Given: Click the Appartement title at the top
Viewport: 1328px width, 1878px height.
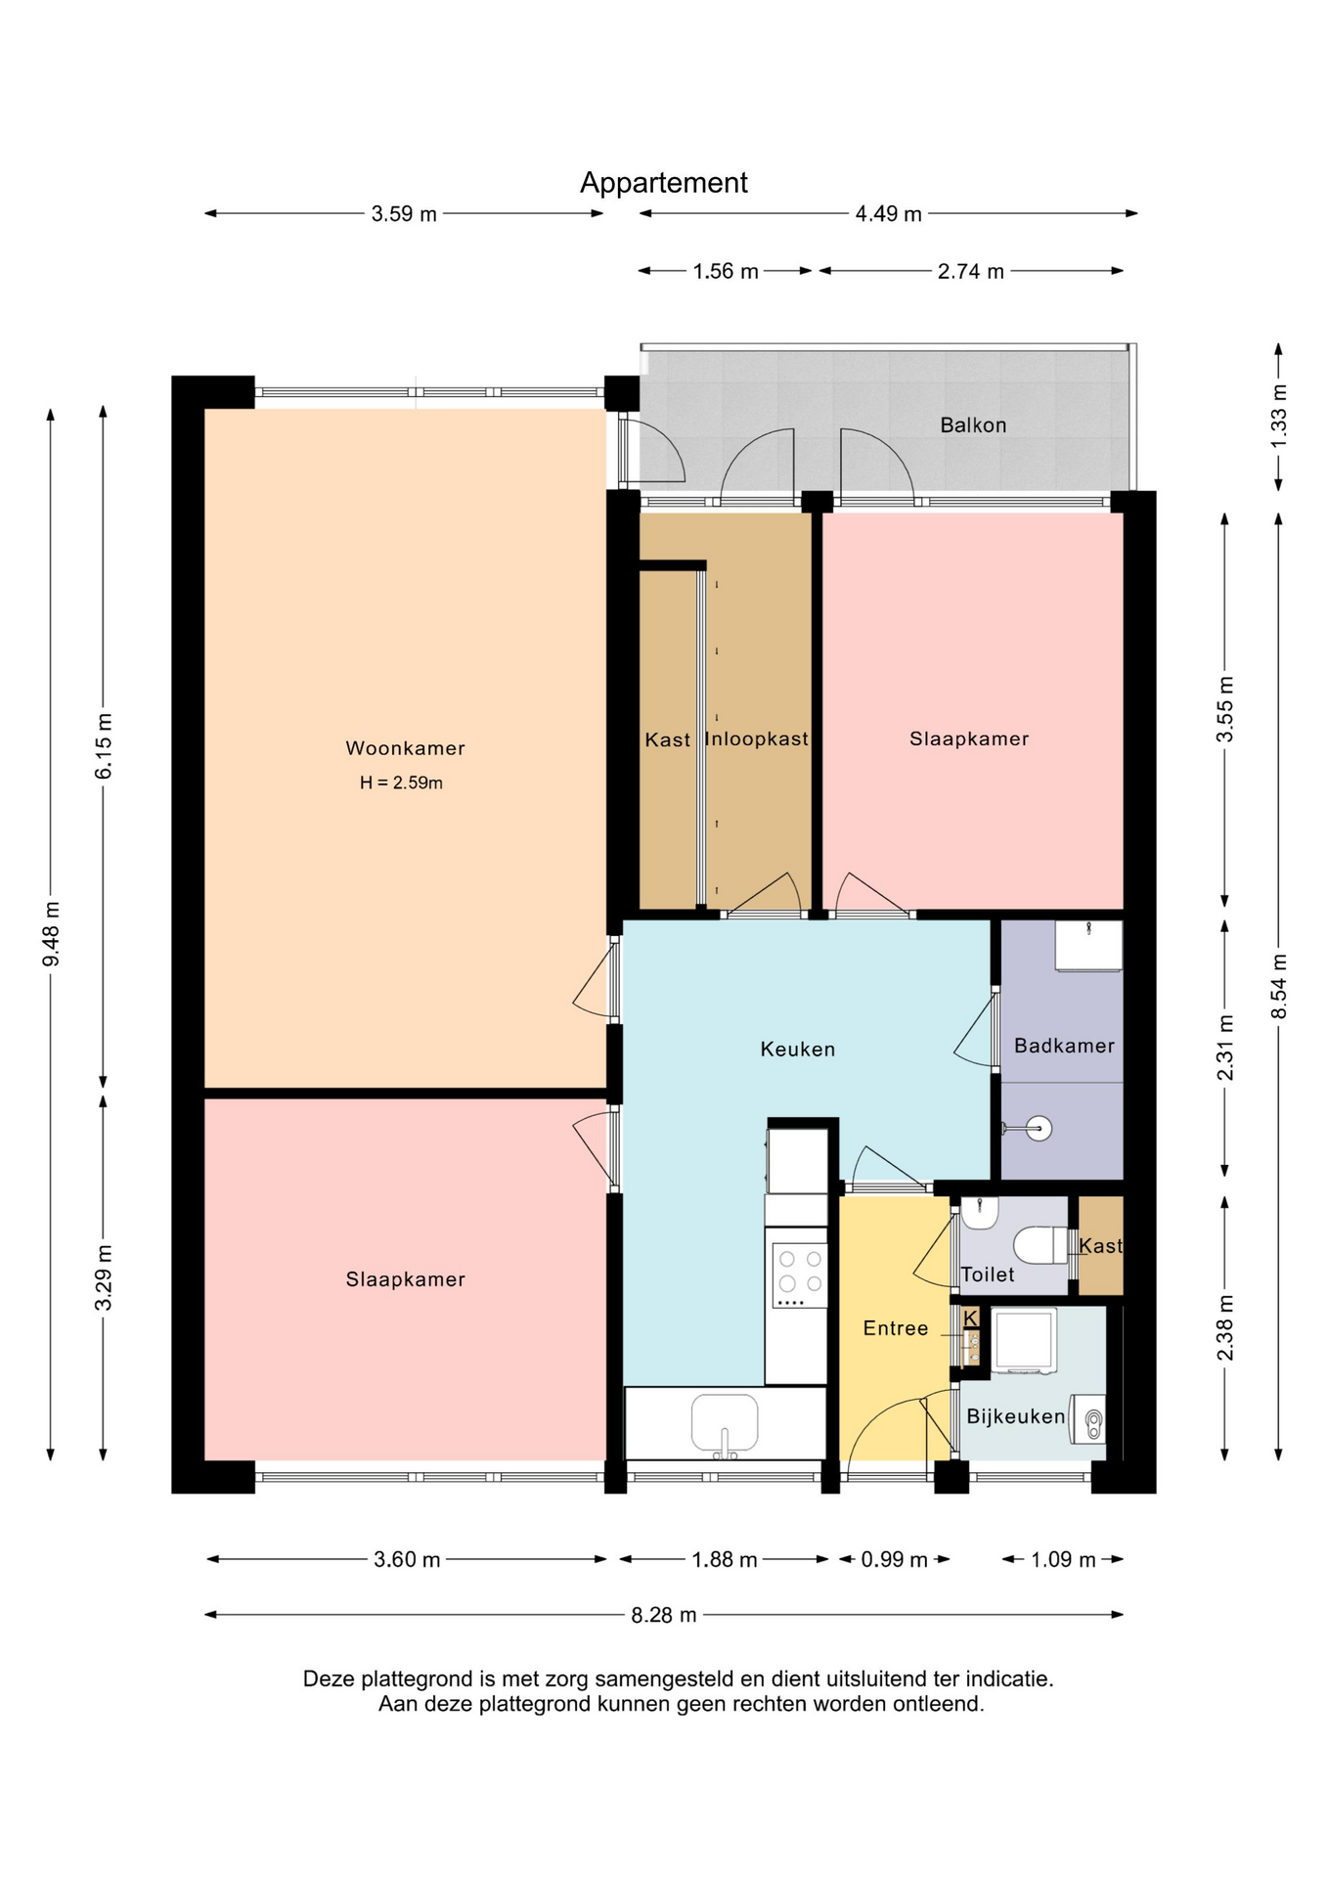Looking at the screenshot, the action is tap(663, 183).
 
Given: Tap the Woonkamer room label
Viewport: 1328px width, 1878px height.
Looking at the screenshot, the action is tap(405, 748).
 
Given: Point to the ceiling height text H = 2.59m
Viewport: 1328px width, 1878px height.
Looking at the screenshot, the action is tap(401, 782).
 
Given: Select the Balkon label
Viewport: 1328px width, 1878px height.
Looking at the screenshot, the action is tap(973, 425).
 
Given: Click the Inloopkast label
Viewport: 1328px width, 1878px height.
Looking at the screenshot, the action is tap(757, 739).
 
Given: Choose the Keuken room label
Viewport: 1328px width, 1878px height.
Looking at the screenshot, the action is tap(798, 1050).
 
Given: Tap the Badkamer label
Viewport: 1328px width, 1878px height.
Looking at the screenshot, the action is tap(1064, 1046).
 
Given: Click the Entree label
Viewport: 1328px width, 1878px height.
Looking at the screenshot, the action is tap(896, 1328).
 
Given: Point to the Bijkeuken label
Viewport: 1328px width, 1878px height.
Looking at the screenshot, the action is tap(1016, 1416).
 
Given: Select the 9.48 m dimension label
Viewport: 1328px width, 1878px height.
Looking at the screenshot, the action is tap(51, 934).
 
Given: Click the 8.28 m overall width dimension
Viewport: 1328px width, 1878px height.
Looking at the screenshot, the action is tap(664, 1615).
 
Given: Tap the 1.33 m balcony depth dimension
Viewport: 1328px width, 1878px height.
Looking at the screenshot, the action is tap(1279, 417).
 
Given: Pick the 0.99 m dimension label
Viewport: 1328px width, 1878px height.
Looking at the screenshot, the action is tap(894, 1559).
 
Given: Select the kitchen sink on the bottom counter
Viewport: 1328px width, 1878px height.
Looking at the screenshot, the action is tap(725, 1424).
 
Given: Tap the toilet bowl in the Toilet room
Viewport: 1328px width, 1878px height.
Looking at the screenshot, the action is tap(1040, 1246).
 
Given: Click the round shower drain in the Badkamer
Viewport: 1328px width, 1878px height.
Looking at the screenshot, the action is tap(1039, 1129).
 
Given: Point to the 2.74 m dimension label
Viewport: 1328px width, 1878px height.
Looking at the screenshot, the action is tap(971, 271).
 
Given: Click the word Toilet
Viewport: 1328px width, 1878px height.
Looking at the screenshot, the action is tap(988, 1274).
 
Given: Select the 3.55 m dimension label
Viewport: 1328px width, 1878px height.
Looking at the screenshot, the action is tap(1225, 709).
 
